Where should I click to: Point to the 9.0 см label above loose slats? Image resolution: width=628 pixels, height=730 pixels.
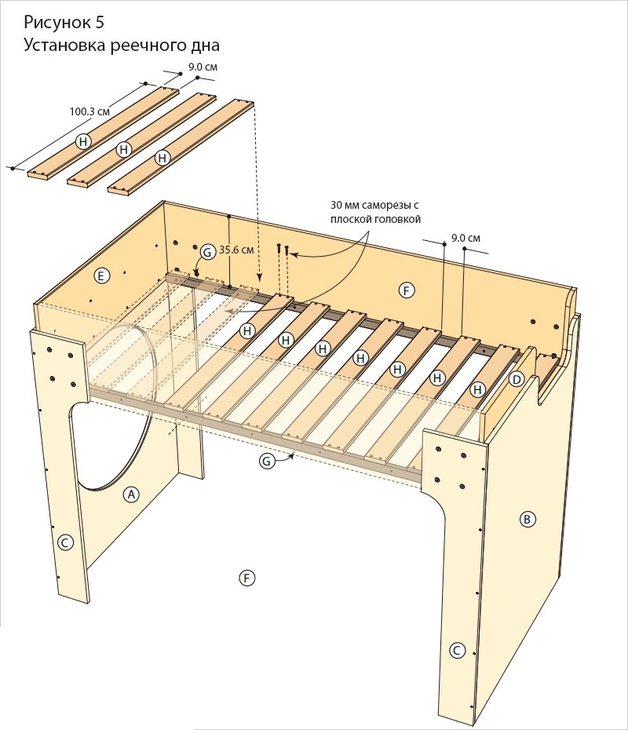pyautogui.click(x=202, y=68)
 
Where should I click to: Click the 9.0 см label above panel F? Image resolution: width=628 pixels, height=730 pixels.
pyautogui.click(x=466, y=237)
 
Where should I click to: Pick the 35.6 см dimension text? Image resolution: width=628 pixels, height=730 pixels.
pyautogui.click(x=237, y=250)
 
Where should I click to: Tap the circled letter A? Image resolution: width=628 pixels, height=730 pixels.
pyautogui.click(x=132, y=494)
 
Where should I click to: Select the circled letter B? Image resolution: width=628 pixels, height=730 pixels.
pyautogui.click(x=528, y=519)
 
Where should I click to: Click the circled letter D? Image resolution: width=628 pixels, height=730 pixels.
pyautogui.click(x=516, y=379)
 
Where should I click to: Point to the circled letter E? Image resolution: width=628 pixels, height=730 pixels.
pyautogui.click(x=100, y=275)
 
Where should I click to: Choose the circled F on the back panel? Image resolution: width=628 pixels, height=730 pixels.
pyautogui.click(x=406, y=291)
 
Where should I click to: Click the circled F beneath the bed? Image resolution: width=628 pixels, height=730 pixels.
pyautogui.click(x=246, y=579)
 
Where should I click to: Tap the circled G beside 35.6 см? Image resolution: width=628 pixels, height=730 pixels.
pyautogui.click(x=206, y=252)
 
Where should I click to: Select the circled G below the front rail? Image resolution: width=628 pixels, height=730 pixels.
pyautogui.click(x=266, y=462)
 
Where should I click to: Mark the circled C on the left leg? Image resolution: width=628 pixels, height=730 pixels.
pyautogui.click(x=66, y=542)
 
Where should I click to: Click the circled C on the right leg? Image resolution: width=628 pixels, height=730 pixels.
pyautogui.click(x=457, y=650)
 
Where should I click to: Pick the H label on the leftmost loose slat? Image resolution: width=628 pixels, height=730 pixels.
pyautogui.click(x=84, y=141)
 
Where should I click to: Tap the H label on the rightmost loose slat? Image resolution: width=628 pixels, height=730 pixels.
pyautogui.click(x=162, y=157)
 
